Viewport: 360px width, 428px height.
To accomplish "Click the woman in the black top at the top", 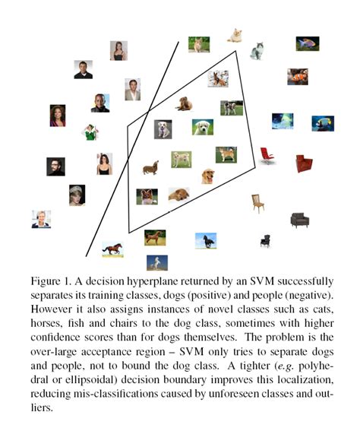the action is pos(118,50).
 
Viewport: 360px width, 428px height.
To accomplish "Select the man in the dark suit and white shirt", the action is pos(132,89).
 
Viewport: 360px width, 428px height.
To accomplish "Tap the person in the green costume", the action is pos(90,132).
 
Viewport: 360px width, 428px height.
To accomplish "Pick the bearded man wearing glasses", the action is pos(55,166).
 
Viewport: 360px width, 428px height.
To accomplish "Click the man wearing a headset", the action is pos(40,219).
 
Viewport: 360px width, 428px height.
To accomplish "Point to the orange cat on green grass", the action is pos(199,45).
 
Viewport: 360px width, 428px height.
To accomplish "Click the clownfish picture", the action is pos(297,77).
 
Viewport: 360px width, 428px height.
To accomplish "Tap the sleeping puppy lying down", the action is pos(178,195).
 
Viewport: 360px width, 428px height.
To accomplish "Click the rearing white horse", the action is pos(158,263).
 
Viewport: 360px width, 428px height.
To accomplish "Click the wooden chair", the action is pos(258,202).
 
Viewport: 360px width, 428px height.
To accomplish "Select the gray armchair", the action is pos(299,220).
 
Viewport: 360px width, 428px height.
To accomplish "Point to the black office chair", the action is pos(265,240).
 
